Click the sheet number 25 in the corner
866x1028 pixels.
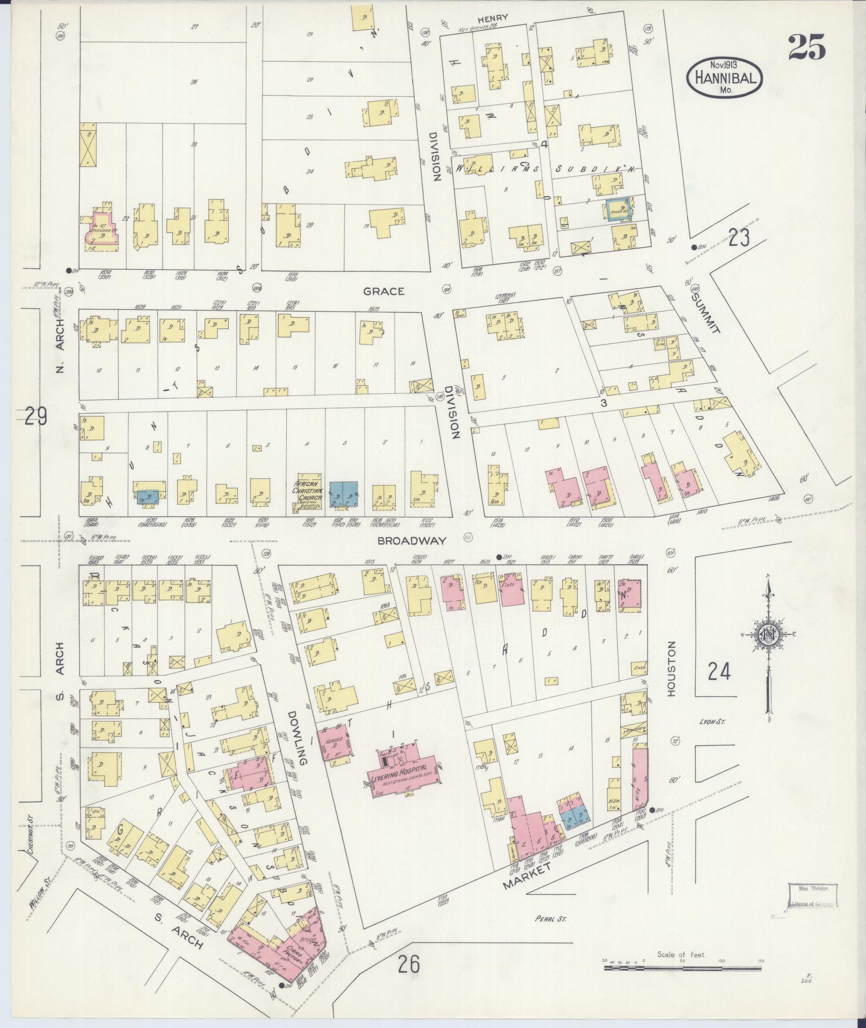[x=806, y=47]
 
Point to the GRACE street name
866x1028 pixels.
[x=383, y=291]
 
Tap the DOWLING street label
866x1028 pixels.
[x=296, y=738]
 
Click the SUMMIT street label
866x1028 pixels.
[x=704, y=313]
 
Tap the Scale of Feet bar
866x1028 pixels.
[x=682, y=967]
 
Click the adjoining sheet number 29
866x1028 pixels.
[x=35, y=416]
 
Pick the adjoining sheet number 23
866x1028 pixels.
[x=739, y=237]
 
